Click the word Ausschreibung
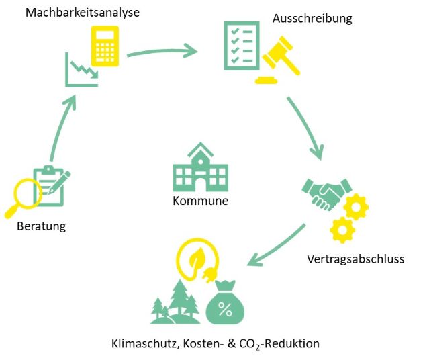(312, 19)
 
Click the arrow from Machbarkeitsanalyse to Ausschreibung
(161, 51)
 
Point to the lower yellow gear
(342, 230)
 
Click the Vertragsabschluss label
(355, 259)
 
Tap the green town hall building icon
(199, 171)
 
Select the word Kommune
(200, 201)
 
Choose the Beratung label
(42, 226)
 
